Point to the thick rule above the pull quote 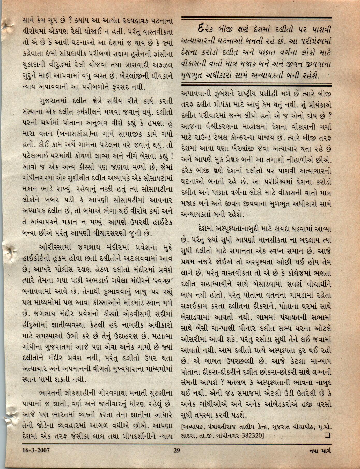click(x=256, y=18)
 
